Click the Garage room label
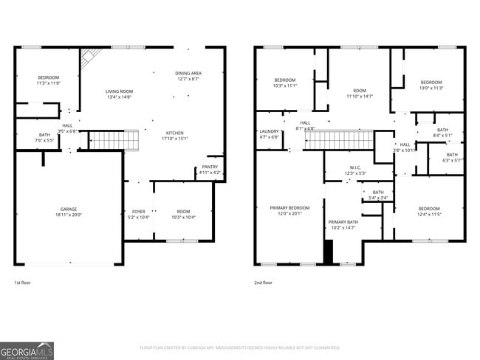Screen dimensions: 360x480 pyautogui.click(x=68, y=209)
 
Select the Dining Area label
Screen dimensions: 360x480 pyautogui.click(x=188, y=74)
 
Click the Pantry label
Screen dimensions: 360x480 pyautogui.click(x=210, y=167)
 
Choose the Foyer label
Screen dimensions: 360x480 pyautogui.click(x=139, y=212)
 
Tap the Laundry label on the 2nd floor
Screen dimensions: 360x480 pyautogui.click(x=269, y=131)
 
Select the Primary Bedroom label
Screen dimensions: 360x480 pyautogui.click(x=289, y=208)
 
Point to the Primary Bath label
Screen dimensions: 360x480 pyautogui.click(x=343, y=222)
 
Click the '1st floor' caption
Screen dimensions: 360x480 pyautogui.click(x=22, y=283)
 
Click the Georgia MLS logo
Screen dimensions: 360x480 pyautogui.click(x=27, y=350)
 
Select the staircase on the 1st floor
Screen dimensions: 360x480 pyautogui.click(x=114, y=139)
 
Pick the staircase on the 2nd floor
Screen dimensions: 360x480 pyautogui.click(x=337, y=139)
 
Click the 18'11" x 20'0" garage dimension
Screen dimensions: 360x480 pyautogui.click(x=68, y=215)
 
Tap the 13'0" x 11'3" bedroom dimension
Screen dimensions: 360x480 pyautogui.click(x=431, y=88)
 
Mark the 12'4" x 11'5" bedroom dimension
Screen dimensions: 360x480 pyautogui.click(x=429, y=214)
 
